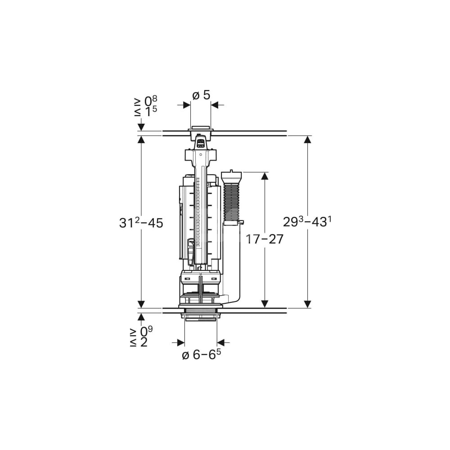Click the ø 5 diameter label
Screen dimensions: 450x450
click(x=201, y=95)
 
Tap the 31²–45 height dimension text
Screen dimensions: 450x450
click(x=141, y=222)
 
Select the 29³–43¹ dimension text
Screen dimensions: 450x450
click(x=305, y=221)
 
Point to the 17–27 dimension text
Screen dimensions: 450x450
click(x=265, y=239)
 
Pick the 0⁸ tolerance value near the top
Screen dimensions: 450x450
click(x=151, y=100)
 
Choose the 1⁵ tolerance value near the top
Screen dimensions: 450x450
click(x=151, y=111)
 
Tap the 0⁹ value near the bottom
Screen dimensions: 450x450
click(x=146, y=332)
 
